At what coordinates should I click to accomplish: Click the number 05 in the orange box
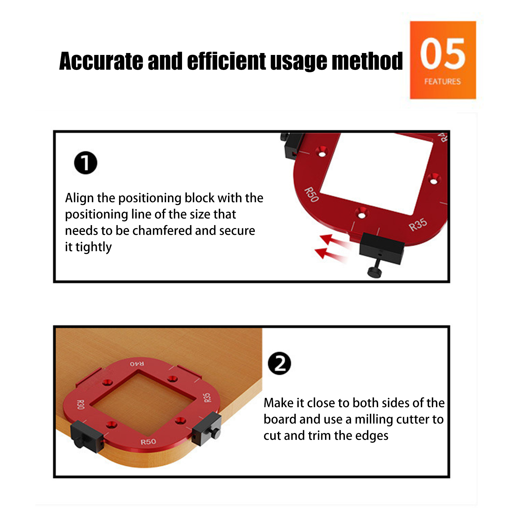pos(443,53)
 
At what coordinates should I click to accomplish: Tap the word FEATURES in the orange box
pos(443,81)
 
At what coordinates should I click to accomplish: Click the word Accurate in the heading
pos(101,61)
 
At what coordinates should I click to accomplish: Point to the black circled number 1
pos(86,163)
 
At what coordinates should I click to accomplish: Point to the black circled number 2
pos(279,363)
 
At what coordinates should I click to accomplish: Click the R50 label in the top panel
pos(311,195)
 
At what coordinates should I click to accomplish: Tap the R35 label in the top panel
pos(418,224)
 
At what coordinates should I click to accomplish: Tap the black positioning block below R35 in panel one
pos(382,248)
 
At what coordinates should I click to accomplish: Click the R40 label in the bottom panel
pos(137,364)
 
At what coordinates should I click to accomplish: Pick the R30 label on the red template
pos(80,405)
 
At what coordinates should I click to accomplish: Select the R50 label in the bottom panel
pos(149,442)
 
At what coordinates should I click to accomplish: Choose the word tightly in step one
pos(94,247)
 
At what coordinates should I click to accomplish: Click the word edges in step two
pos(372,436)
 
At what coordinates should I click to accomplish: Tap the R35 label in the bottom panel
pos(207,398)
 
